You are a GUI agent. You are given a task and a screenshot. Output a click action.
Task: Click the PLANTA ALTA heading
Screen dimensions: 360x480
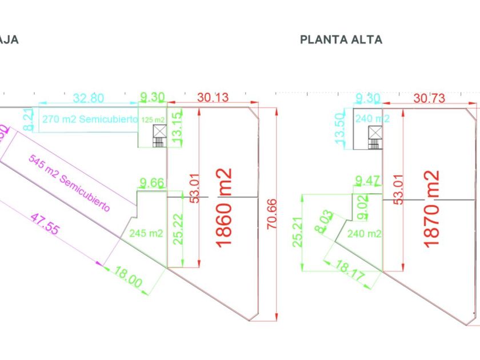tap(341, 39)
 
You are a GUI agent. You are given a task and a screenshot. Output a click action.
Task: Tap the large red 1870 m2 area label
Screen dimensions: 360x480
tap(432, 207)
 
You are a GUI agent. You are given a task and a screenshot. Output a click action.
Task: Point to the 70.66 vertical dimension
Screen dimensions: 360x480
tap(271, 213)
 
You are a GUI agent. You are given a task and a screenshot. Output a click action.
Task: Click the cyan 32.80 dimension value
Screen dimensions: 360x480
tap(89, 98)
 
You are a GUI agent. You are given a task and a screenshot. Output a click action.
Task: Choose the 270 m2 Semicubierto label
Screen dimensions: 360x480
tap(90, 119)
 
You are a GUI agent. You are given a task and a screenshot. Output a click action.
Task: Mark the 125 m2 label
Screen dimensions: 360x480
tap(153, 119)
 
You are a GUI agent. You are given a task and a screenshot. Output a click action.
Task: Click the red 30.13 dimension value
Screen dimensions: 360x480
tap(213, 98)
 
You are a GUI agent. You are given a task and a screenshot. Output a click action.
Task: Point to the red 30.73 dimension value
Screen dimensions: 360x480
tap(429, 98)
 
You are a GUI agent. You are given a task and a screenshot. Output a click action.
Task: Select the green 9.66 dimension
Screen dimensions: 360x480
tap(152, 183)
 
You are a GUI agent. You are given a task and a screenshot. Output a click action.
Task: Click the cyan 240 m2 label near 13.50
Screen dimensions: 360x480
tap(373, 118)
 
